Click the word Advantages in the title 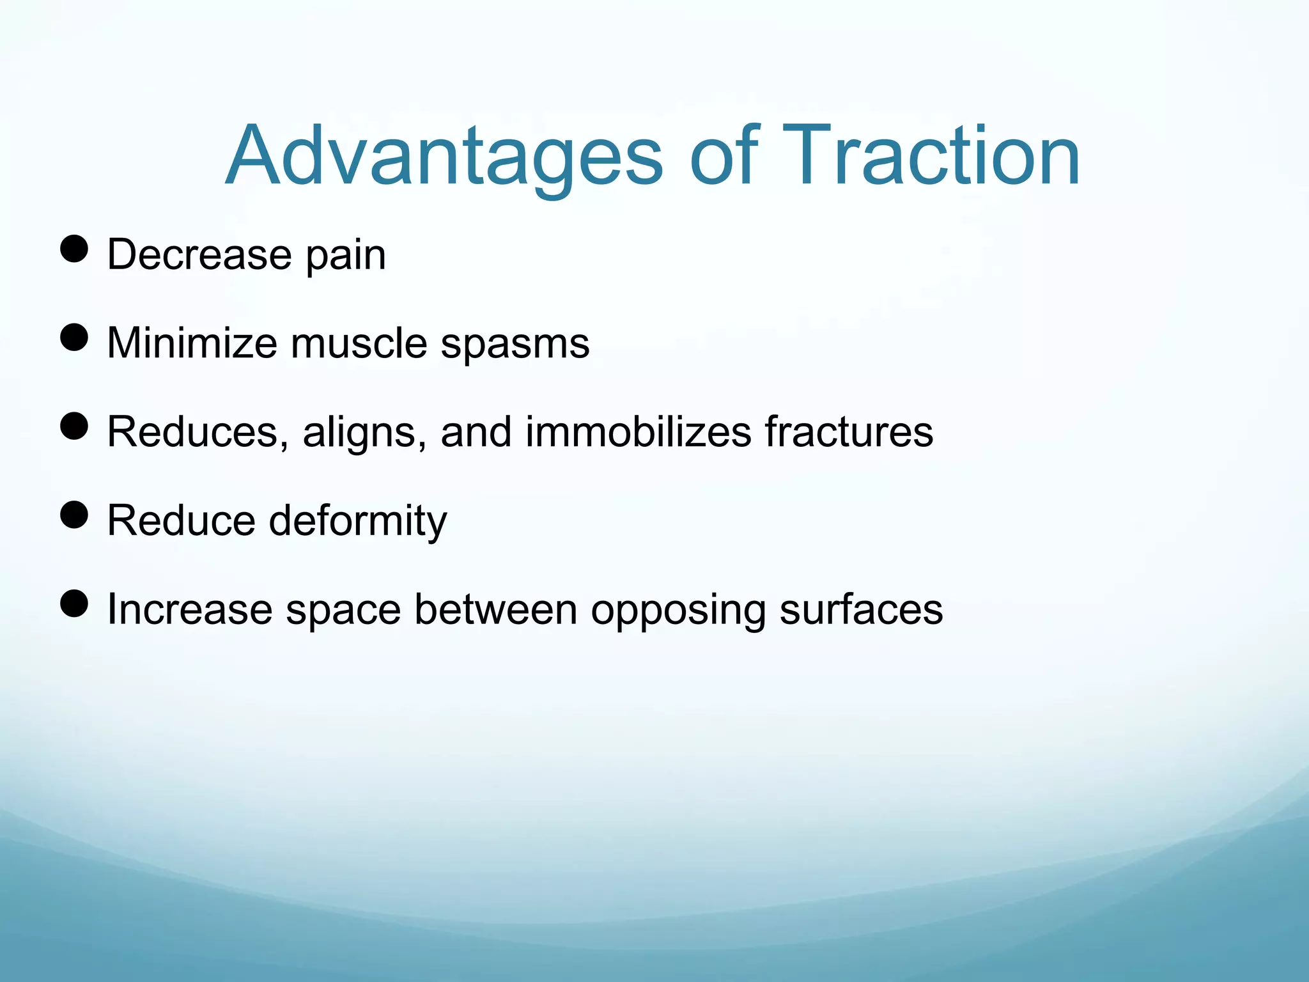pyautogui.click(x=444, y=157)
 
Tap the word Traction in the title pyautogui.click(x=930, y=157)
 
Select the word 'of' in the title pyautogui.click(x=724, y=157)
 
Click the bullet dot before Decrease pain pyautogui.click(x=74, y=249)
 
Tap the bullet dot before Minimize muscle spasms pyautogui.click(x=74, y=337)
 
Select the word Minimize pyautogui.click(x=192, y=343)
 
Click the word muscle pyautogui.click(x=359, y=343)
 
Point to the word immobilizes pyautogui.click(x=638, y=432)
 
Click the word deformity pyautogui.click(x=358, y=521)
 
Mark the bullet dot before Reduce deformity pyautogui.click(x=74, y=515)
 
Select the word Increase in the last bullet pyautogui.click(x=189, y=609)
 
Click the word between pyautogui.click(x=495, y=609)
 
